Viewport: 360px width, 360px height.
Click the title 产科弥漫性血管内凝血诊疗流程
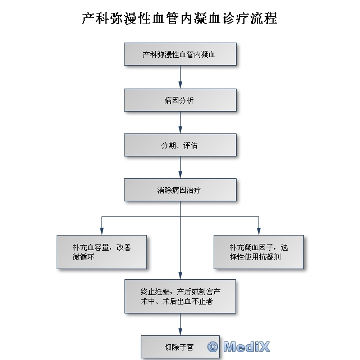179,19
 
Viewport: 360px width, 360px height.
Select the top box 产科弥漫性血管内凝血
179,55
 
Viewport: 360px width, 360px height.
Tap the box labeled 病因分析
179,100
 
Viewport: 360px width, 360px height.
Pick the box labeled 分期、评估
179,145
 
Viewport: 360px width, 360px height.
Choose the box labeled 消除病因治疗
179,190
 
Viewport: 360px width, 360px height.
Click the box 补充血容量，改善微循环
101,252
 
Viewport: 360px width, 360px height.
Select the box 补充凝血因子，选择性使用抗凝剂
259,252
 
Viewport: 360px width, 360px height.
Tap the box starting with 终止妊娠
179,297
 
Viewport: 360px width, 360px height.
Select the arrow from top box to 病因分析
180,77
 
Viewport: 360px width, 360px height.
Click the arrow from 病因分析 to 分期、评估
180,122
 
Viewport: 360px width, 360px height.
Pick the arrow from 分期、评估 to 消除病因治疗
180,167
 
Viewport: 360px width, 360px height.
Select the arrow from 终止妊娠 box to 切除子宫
180,324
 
